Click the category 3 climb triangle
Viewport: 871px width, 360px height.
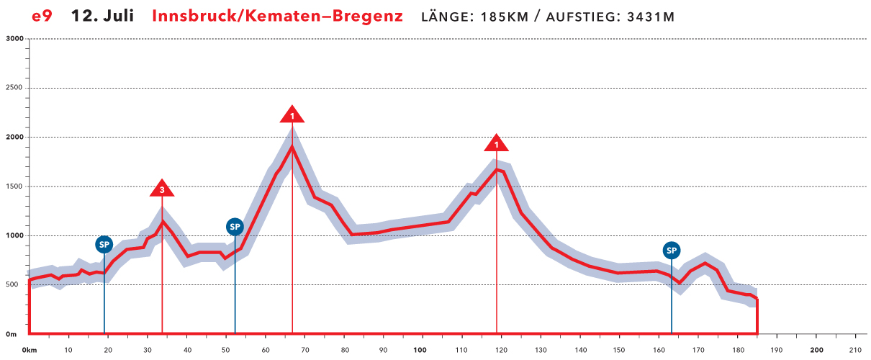163,189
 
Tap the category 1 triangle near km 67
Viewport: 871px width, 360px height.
292,114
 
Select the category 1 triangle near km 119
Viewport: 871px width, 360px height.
496,143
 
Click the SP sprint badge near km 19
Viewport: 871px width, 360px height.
104,244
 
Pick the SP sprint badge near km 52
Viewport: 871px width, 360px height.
235,227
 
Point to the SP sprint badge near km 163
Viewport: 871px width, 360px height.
672,251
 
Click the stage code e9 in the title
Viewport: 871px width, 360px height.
42,16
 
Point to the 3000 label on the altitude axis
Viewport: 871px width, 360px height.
14,39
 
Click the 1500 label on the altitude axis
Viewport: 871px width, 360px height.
14,186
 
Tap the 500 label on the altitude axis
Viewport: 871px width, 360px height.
17,285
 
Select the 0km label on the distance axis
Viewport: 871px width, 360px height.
30,351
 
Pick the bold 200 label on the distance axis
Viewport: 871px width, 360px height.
816,351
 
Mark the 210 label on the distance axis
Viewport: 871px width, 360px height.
855,351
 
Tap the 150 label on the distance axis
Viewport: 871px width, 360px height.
619,351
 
